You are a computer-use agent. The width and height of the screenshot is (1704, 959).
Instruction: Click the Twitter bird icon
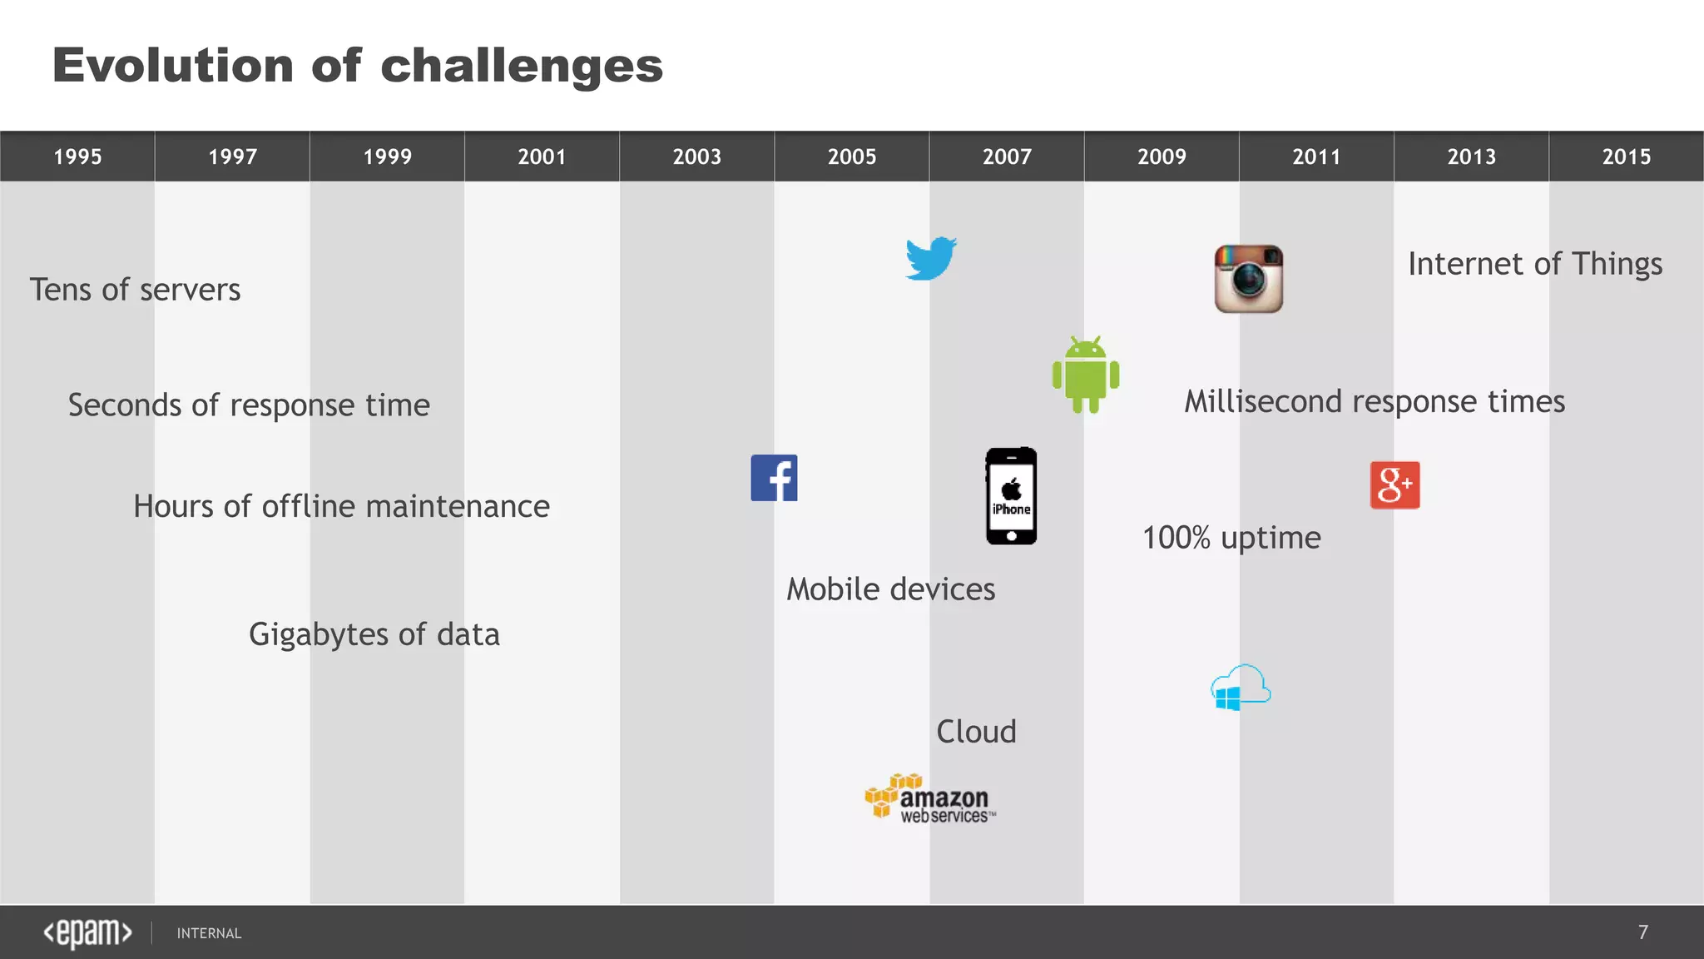931,259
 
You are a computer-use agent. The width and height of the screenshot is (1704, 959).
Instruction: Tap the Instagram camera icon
1248,279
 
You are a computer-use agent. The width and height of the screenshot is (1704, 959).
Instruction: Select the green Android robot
1086,375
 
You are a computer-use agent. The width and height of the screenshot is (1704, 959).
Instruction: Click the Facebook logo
774,478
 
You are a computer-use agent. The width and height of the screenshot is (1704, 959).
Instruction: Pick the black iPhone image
1011,496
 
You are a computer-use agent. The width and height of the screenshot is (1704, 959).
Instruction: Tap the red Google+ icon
1394,485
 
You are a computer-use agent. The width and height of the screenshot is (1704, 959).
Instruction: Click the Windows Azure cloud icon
1241,688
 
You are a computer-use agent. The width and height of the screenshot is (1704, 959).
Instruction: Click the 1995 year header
77,157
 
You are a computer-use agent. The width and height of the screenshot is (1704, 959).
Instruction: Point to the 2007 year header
1007,157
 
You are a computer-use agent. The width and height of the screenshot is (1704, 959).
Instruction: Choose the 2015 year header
1626,157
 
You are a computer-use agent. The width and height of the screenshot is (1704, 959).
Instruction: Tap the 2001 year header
542,157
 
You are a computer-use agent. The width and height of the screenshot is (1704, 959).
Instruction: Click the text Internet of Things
1534,264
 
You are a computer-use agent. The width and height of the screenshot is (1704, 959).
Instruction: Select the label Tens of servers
135,290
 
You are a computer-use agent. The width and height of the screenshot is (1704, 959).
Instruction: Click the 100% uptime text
1231,538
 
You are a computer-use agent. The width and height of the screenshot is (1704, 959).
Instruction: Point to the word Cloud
976,732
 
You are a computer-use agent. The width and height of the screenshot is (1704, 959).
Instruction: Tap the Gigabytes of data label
374,634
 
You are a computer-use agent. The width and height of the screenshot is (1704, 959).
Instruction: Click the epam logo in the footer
87,932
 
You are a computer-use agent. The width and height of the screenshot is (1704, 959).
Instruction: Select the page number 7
1642,932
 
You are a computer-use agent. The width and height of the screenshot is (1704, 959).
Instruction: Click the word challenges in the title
522,66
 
